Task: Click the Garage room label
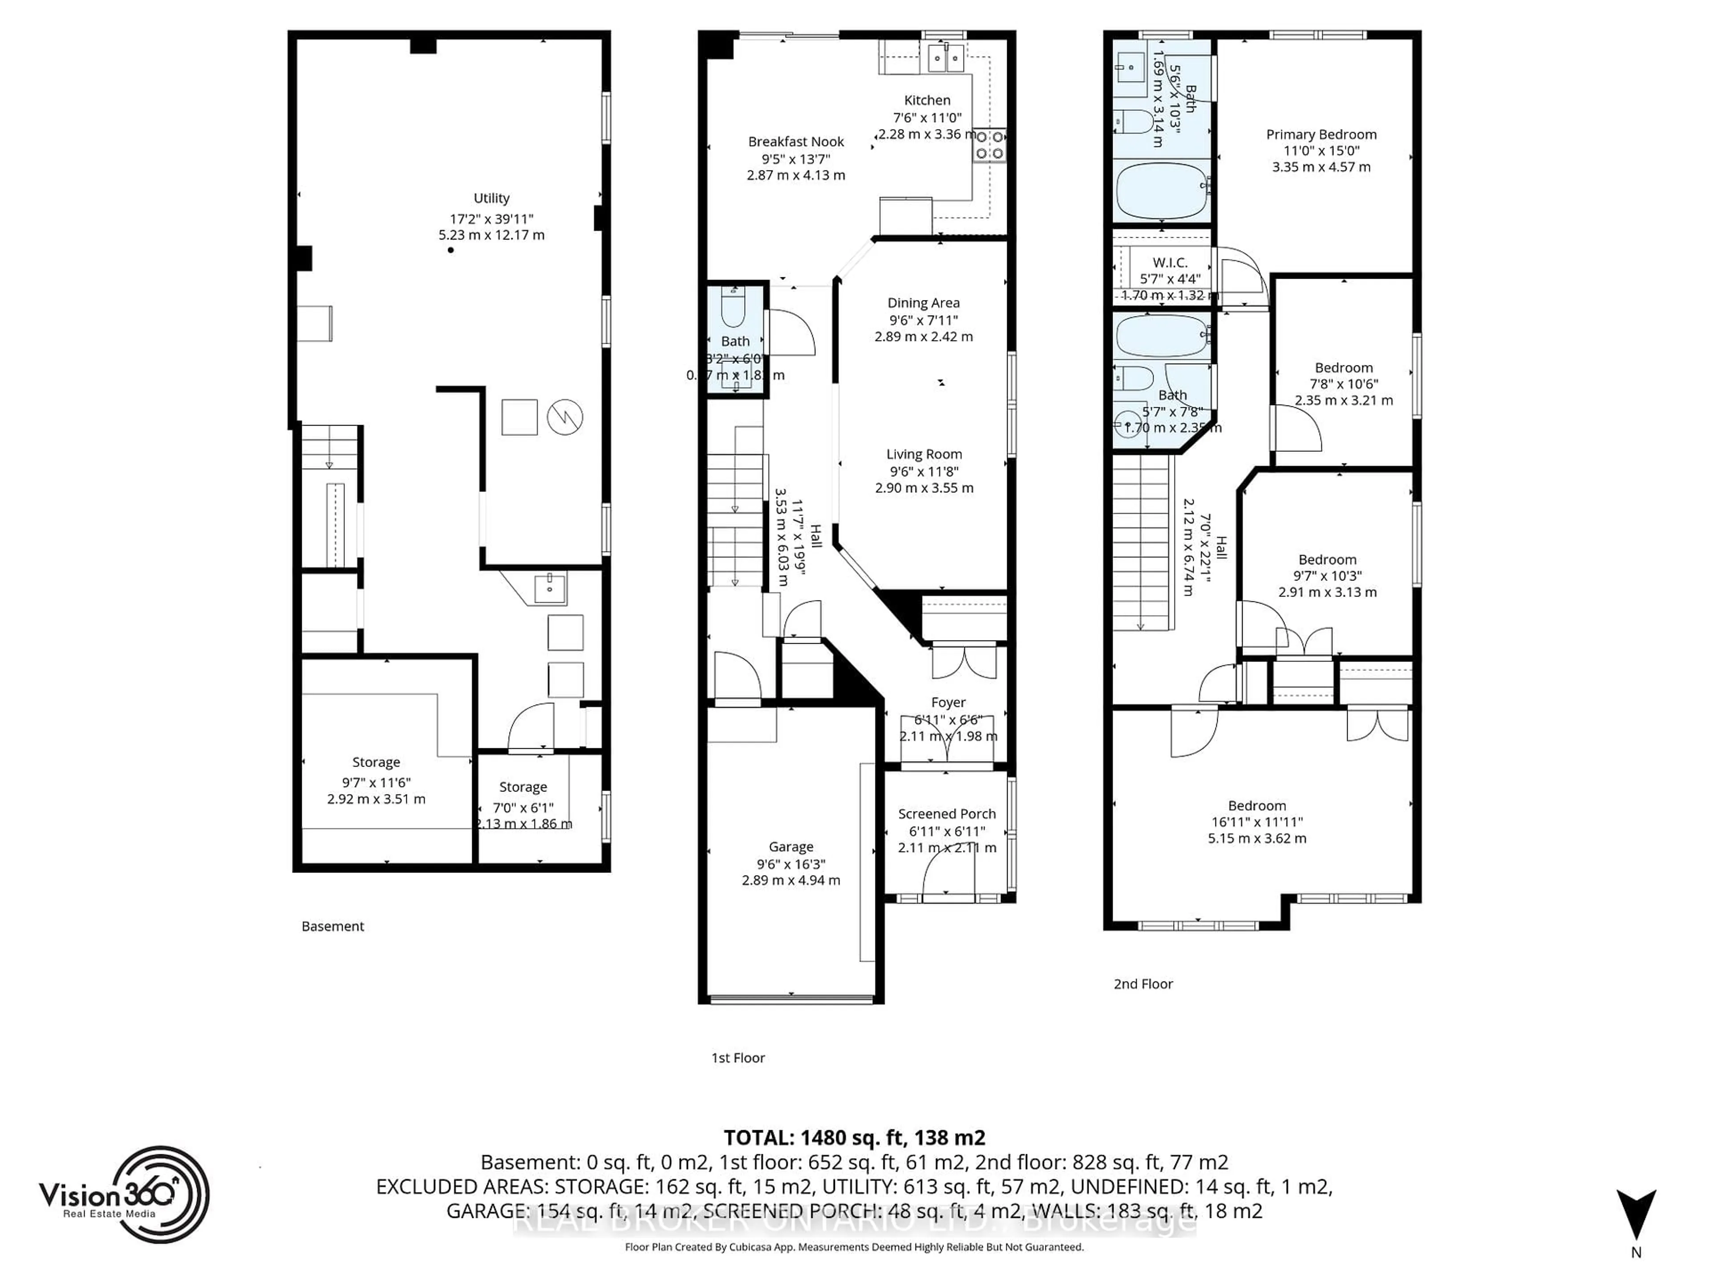[x=790, y=847]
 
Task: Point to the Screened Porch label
[x=947, y=814]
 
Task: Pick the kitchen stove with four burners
[x=989, y=145]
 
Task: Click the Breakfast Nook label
[x=796, y=142]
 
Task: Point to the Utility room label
[x=491, y=199]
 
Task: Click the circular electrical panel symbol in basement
[x=565, y=417]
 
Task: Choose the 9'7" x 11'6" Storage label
[x=376, y=763]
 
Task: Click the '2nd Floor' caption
[x=1143, y=984]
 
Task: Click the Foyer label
[x=948, y=702]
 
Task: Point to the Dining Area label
[x=923, y=303]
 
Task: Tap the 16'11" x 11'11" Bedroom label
[x=1257, y=805]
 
